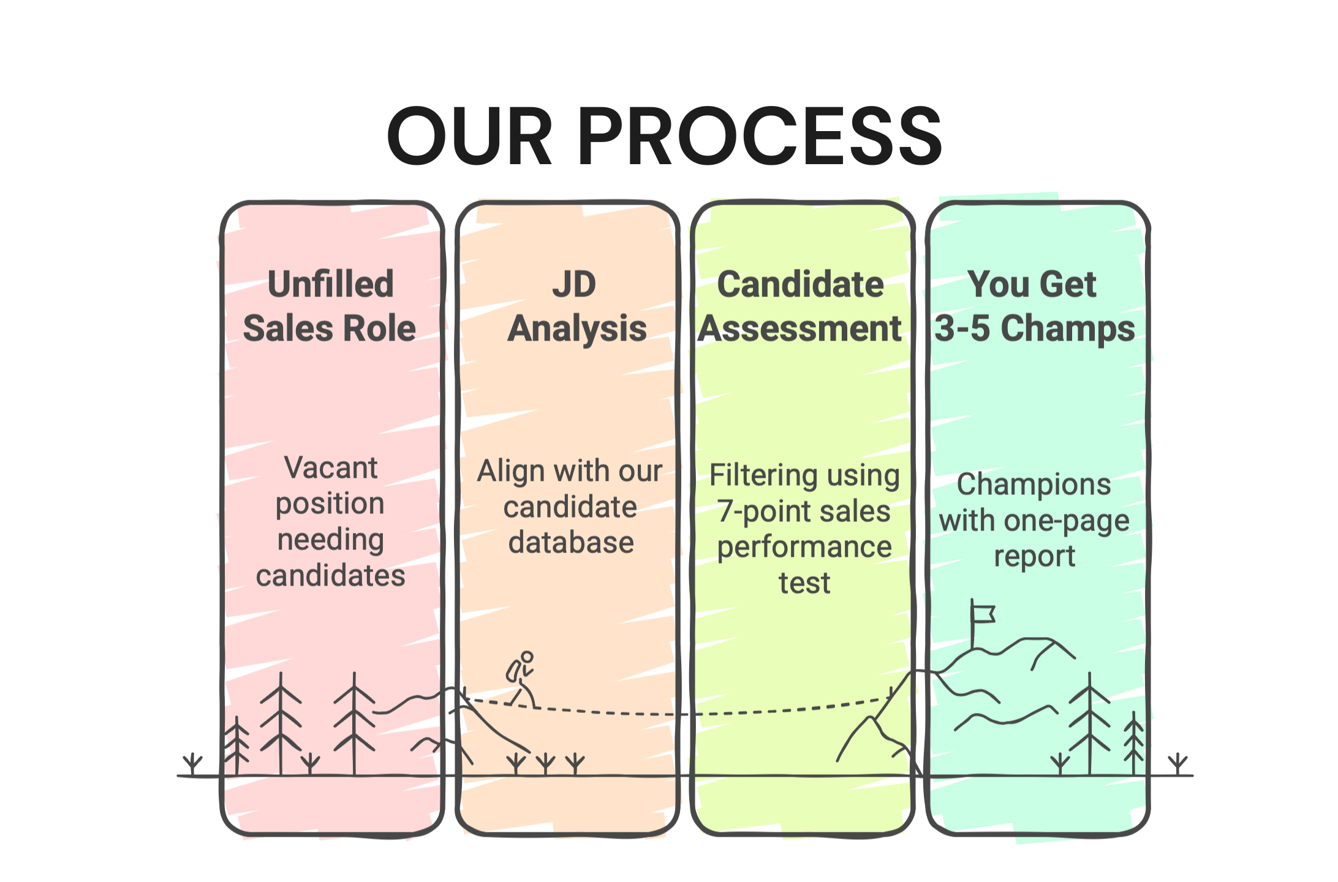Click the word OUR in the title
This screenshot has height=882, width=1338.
coord(470,136)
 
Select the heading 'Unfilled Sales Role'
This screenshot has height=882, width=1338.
coord(330,306)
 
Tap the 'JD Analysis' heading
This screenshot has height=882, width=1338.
coord(576,306)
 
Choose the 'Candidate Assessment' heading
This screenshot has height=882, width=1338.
coord(800,306)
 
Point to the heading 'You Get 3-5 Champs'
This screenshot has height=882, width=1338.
coord(1034,306)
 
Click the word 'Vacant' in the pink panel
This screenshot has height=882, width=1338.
coord(331,468)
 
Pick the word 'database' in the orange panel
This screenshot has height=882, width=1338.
coord(571,543)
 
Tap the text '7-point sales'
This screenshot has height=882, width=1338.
coord(804,511)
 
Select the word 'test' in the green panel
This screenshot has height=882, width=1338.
coord(804,583)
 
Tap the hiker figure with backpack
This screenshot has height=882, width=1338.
coord(521,679)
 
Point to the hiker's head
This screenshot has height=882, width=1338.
coord(527,657)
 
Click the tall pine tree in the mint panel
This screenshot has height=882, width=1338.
coord(1089,723)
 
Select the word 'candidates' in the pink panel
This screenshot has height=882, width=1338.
coord(331,576)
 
